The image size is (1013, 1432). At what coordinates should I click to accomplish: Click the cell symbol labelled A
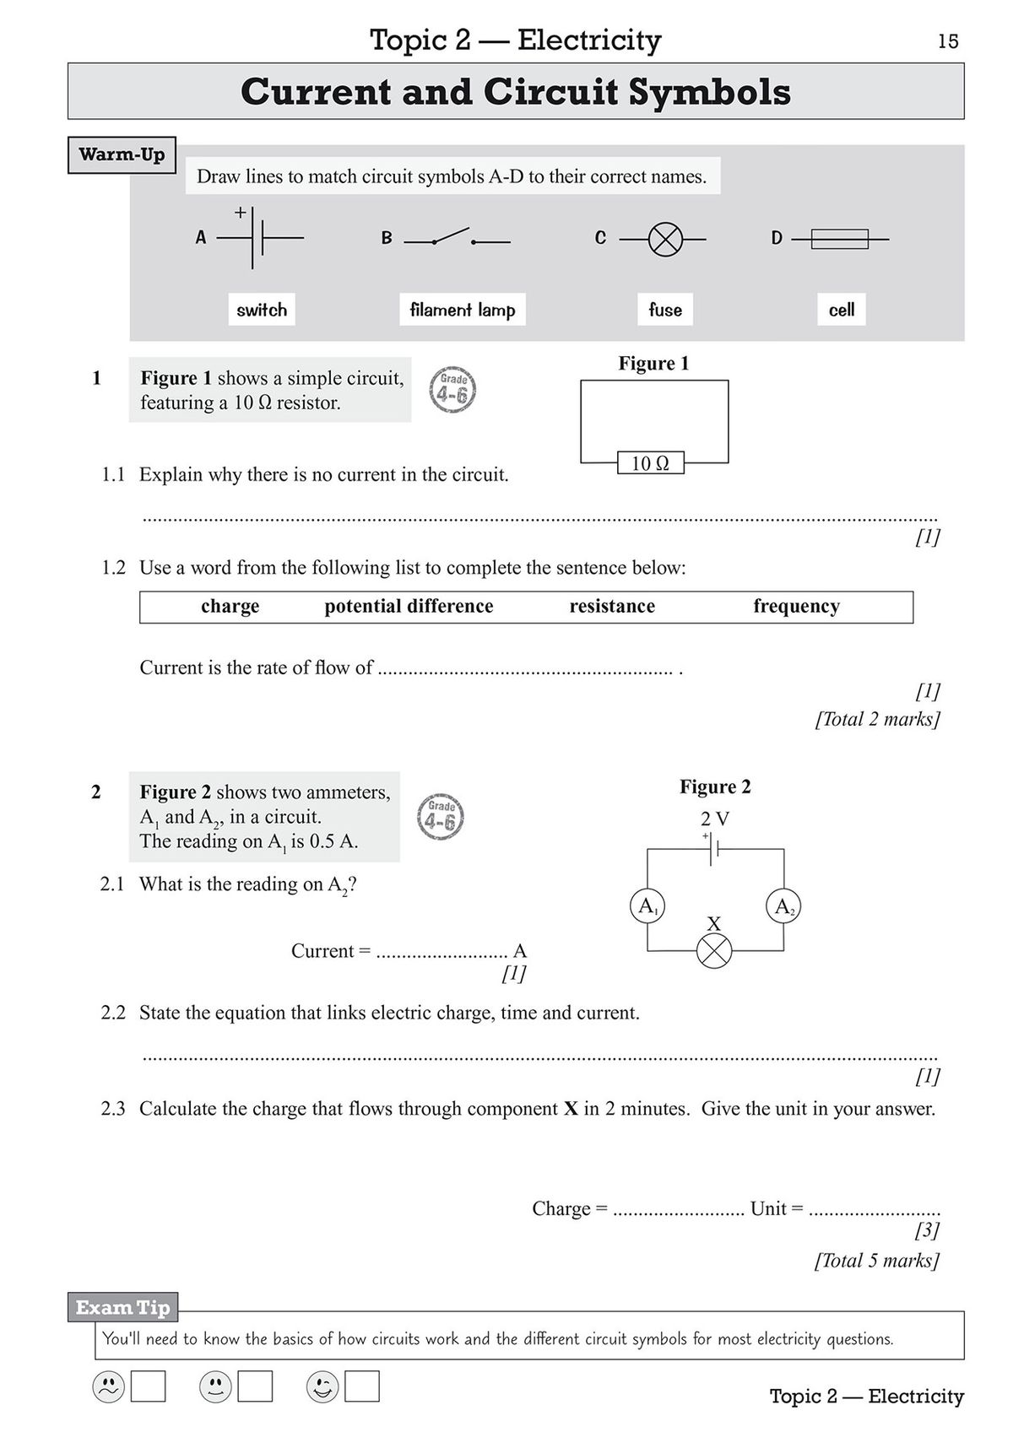[257, 238]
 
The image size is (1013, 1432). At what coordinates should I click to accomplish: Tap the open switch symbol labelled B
[457, 237]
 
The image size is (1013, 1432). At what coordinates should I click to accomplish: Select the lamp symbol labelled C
[665, 240]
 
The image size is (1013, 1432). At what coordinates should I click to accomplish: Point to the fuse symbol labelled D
[839, 239]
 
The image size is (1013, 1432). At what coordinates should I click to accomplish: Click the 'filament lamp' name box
[463, 310]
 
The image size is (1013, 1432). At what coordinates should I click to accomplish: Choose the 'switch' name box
[262, 310]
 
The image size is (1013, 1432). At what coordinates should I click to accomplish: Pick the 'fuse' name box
[665, 310]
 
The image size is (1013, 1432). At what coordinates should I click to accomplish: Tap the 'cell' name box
[842, 310]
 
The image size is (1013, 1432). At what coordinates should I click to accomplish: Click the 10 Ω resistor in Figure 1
[650, 463]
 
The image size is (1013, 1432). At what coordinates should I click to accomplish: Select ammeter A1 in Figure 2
[647, 906]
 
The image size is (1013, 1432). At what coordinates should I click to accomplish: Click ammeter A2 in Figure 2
[783, 907]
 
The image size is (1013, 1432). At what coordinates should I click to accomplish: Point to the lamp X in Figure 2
[714, 951]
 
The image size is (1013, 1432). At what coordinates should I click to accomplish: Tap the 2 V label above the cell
[715, 819]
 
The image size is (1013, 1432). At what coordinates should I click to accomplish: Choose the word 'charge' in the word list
[230, 606]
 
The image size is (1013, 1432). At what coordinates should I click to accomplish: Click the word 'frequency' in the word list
[796, 606]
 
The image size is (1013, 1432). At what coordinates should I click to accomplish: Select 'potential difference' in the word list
[409, 606]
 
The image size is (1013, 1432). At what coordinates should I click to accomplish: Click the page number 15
[948, 41]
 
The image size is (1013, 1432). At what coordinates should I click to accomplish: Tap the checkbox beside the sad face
[149, 1386]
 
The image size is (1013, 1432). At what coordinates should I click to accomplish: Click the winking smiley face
[322, 1386]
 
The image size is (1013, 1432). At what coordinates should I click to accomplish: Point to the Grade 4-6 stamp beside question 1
[453, 390]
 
